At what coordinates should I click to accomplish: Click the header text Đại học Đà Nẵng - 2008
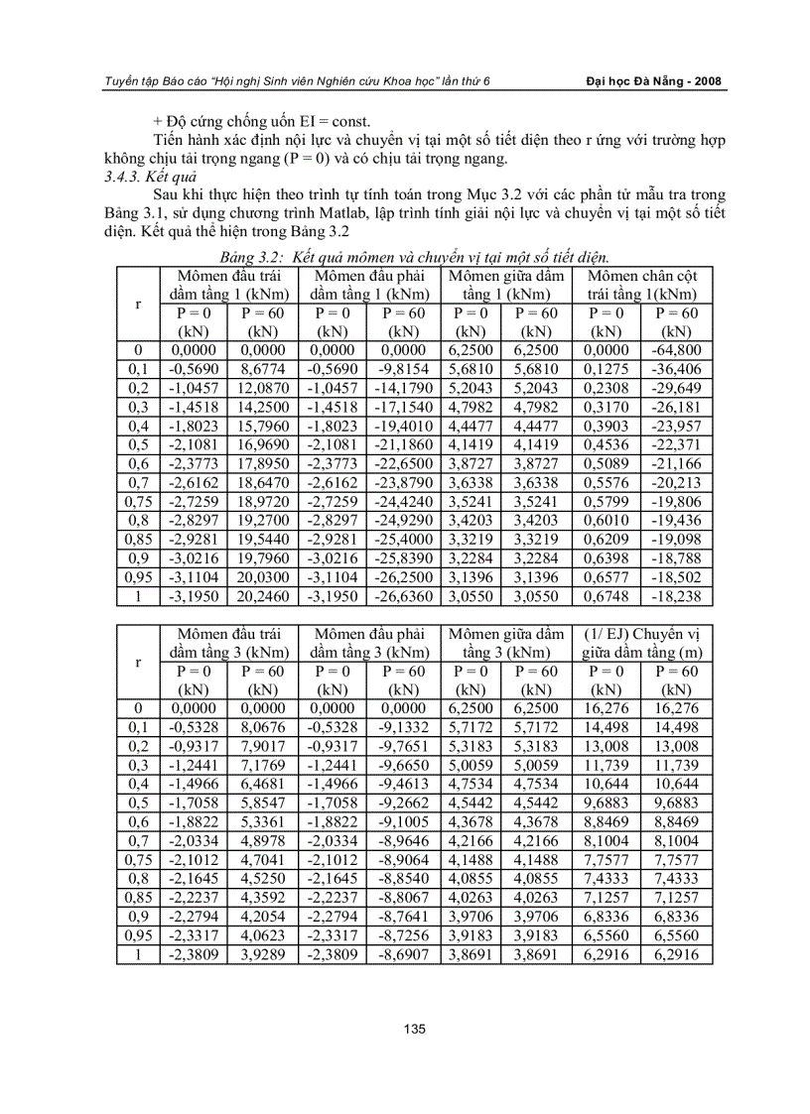[653, 81]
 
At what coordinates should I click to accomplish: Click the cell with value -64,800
[676, 349]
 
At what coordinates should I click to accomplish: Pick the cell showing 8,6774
[262, 367]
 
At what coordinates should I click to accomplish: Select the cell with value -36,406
[676, 367]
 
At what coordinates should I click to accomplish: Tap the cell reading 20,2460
[262, 597]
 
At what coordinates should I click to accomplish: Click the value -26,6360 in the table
[403, 597]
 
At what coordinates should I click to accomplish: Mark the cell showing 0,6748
[607, 597]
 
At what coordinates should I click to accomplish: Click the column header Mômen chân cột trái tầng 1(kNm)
[641, 285]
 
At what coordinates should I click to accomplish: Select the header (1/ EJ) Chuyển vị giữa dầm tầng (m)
[641, 643]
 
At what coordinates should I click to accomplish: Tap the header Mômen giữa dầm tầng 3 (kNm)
[506, 643]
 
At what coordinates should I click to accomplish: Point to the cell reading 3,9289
[262, 955]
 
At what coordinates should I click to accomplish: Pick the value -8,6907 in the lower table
[403, 955]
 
